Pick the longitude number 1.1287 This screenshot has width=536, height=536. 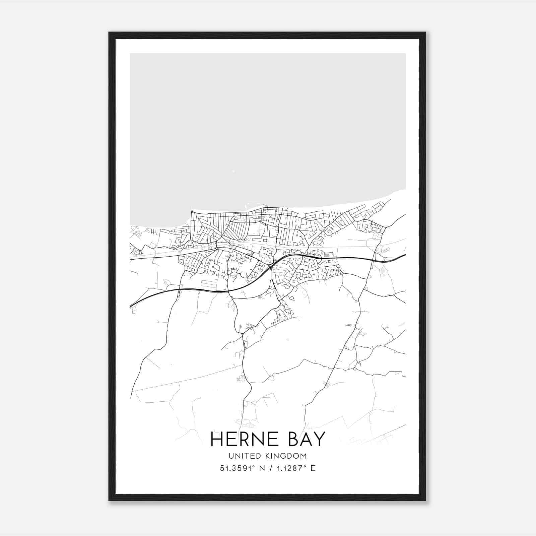[x=288, y=468]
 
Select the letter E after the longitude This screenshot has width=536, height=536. [x=313, y=468]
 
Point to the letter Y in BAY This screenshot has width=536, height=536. [x=319, y=439]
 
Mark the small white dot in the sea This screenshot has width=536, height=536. [x=233, y=172]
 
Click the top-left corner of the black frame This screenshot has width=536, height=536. [x=110, y=33]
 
